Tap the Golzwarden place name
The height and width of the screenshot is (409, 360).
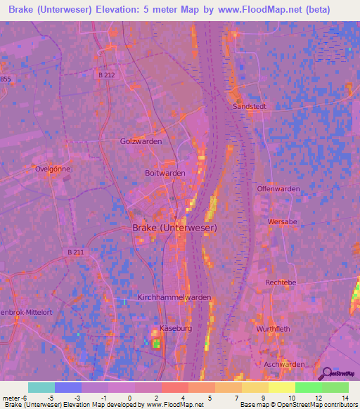(x=141, y=141)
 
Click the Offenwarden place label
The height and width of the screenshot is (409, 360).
(x=278, y=189)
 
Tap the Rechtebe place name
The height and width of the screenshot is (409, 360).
(x=281, y=282)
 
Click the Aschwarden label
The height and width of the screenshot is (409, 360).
(x=284, y=364)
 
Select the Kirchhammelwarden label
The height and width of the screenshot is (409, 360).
(x=174, y=297)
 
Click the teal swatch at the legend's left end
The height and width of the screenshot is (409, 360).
(x=41, y=387)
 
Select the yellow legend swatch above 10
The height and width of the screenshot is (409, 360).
(x=281, y=387)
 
